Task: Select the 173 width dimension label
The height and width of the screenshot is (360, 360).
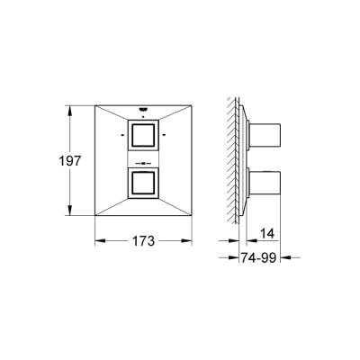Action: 143,241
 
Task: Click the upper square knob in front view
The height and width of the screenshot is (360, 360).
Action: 145,139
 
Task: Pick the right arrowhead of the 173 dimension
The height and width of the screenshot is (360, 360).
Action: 191,241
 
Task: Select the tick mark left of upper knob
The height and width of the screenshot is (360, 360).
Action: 121,136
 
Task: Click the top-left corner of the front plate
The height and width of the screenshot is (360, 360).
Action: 96,106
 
